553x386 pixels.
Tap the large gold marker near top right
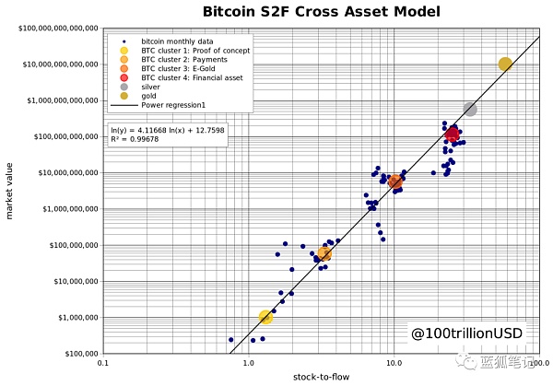tap(505, 64)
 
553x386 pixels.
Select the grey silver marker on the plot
tap(470, 109)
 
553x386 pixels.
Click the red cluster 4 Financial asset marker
tap(453, 135)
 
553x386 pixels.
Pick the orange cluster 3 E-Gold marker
tap(395, 181)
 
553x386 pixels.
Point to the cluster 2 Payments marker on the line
tap(324, 254)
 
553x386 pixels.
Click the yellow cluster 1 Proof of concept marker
tap(266, 317)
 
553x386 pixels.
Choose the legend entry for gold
tap(148, 97)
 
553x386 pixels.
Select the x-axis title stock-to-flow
tap(320, 378)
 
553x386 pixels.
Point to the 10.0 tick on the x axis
tap(394, 364)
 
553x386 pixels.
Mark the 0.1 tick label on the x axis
tap(102, 364)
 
